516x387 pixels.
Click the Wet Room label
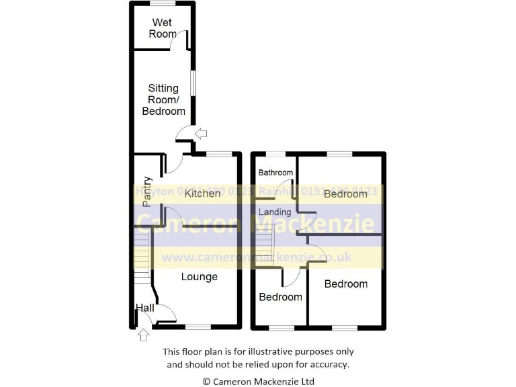(x=162, y=28)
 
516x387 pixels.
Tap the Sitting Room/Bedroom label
(x=163, y=99)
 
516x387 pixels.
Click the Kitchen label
(x=202, y=193)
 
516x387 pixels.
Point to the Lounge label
(x=200, y=276)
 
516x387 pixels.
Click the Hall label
(x=144, y=308)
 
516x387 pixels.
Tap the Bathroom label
(x=275, y=173)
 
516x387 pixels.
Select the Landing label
(x=275, y=212)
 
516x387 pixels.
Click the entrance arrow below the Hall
(x=142, y=335)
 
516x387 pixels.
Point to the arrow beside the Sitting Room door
(x=201, y=134)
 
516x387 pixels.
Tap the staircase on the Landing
(x=265, y=241)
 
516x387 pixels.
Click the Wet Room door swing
(x=180, y=42)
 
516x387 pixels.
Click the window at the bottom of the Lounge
(x=198, y=327)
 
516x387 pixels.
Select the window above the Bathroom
(x=275, y=154)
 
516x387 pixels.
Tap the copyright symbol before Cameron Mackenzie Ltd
(x=206, y=381)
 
